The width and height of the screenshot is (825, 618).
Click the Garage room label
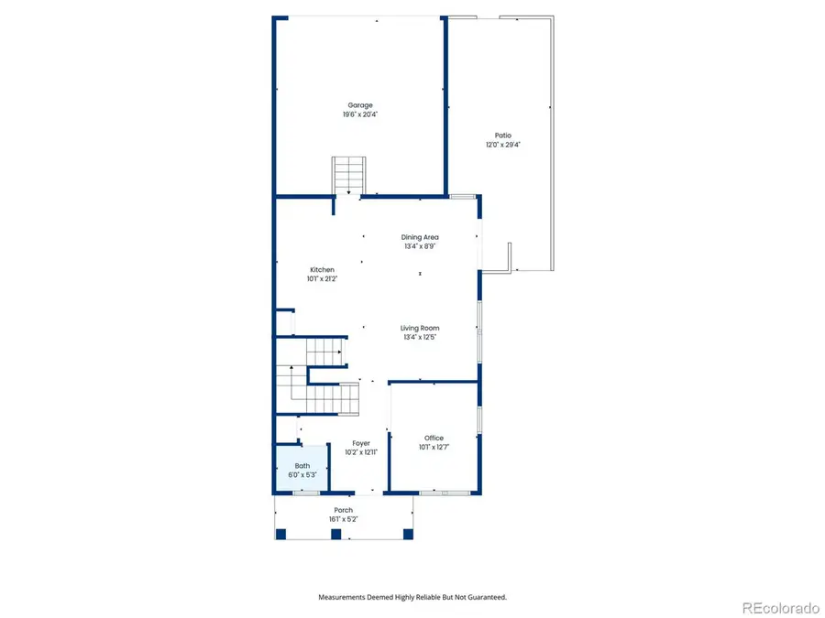359,105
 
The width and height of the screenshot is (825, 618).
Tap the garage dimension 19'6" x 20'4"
359,114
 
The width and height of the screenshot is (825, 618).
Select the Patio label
503,136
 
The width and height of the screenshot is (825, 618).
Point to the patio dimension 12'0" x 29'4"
503,145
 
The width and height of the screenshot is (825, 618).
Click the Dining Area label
419,237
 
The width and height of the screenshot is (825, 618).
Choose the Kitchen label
322,270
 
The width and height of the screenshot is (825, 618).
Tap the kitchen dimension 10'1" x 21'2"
322,279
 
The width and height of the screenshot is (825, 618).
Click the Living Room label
421,328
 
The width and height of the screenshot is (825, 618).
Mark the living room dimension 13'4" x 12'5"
421,337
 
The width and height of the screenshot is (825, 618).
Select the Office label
434,439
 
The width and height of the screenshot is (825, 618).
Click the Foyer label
361,443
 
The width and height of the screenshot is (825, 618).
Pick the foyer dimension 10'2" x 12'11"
361,452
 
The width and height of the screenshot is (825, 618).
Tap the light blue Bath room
302,469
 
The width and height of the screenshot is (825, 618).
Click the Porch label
343,510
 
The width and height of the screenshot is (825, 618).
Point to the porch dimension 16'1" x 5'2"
343,519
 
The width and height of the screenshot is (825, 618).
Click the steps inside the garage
348,174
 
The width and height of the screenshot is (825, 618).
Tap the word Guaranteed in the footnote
484,597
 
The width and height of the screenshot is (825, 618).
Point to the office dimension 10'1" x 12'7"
434,448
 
